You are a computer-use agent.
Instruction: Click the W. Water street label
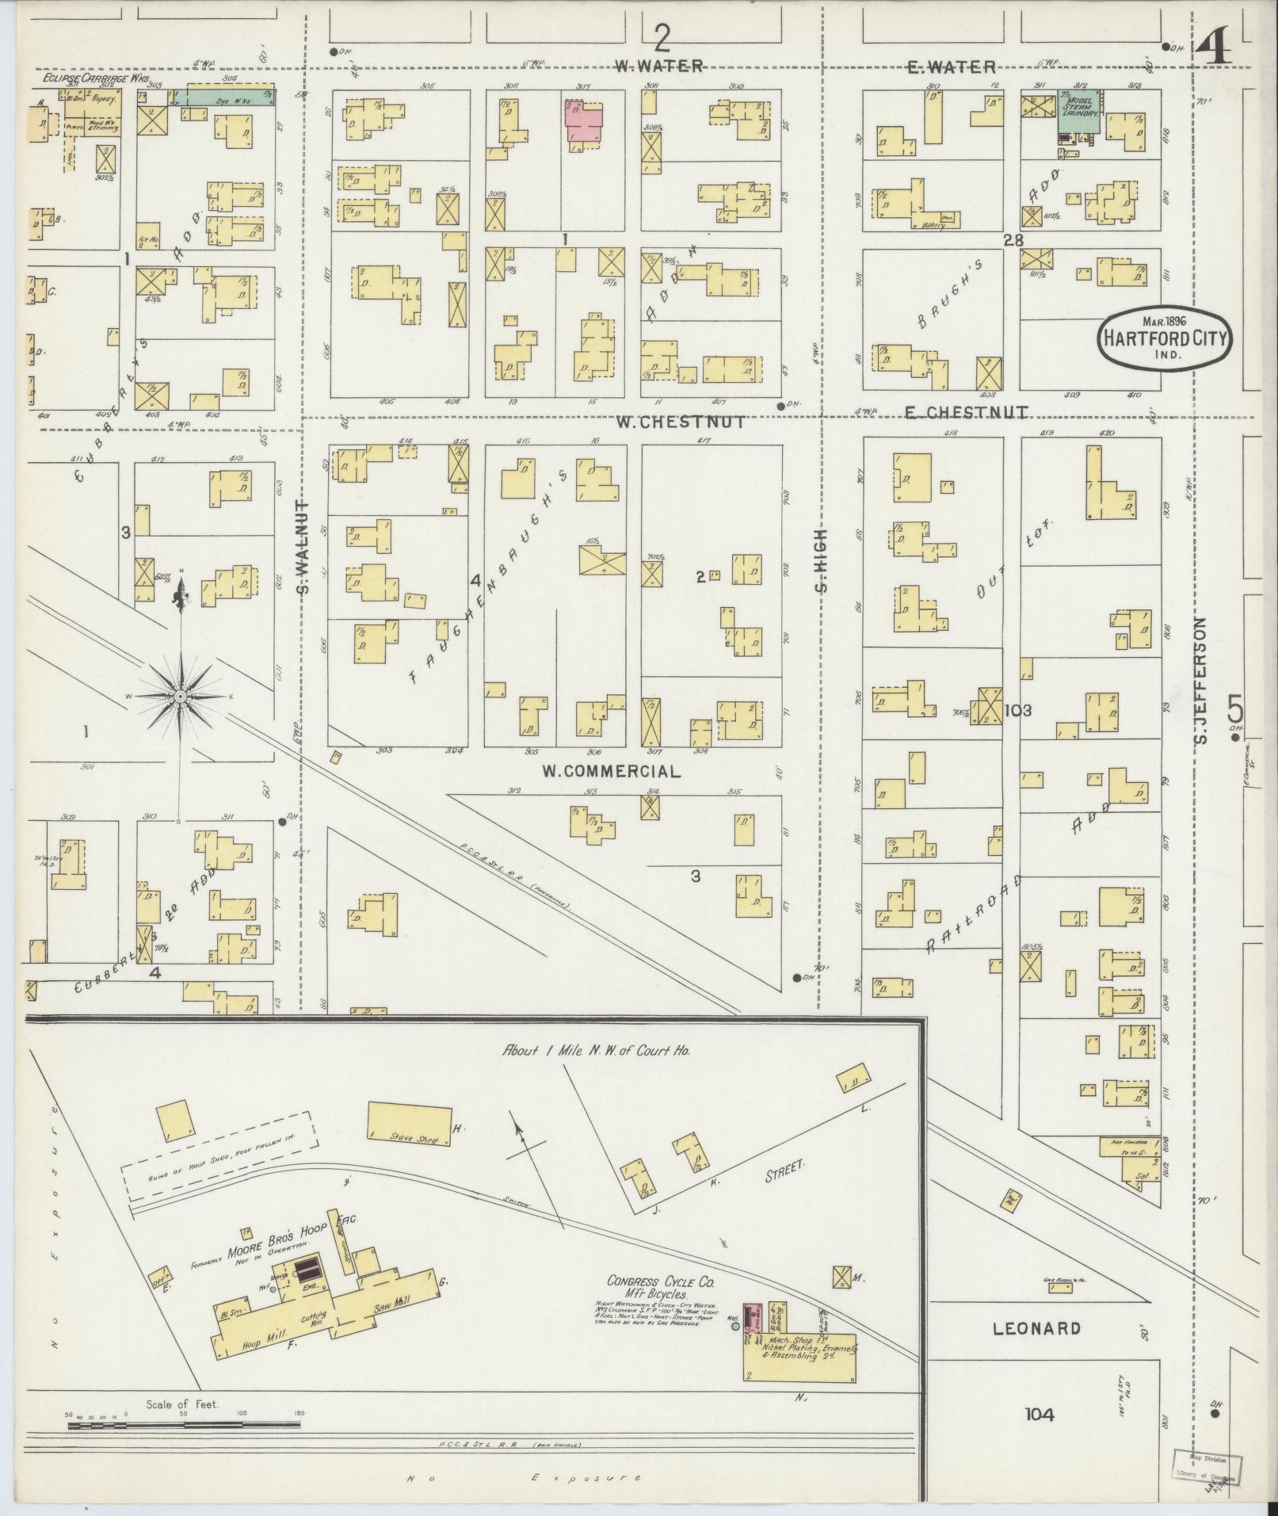659,67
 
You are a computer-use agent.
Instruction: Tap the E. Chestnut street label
967,412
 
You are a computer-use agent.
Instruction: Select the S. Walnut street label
307,546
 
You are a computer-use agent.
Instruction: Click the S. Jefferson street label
1198,681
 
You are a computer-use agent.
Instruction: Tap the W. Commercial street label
610,771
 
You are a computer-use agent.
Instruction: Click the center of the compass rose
181,696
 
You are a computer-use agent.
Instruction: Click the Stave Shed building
408,1125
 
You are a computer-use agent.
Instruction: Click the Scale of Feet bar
184,1425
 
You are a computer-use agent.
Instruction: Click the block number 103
1017,710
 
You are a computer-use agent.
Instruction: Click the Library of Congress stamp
1206,1472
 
